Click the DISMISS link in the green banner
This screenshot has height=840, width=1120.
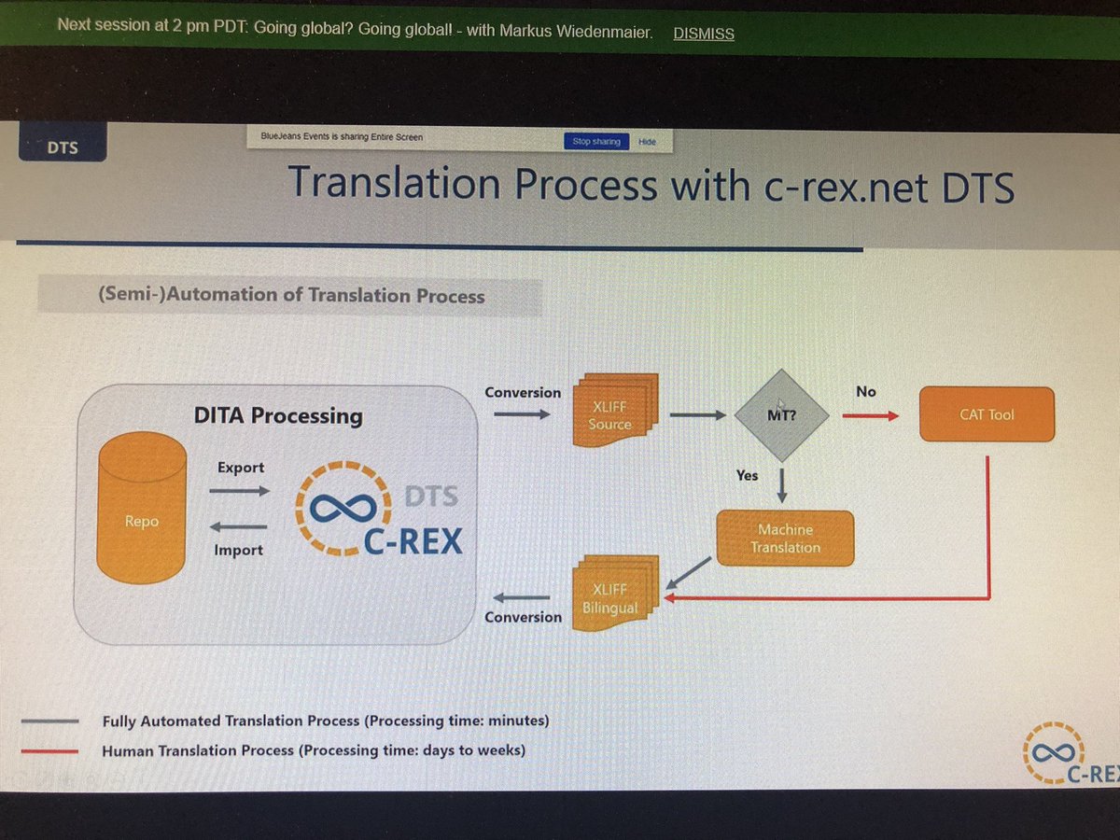point(703,34)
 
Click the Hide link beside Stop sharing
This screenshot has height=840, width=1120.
point(647,142)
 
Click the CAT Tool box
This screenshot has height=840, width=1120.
point(987,414)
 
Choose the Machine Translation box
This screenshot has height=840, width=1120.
point(785,539)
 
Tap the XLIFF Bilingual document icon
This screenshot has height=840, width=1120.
point(613,595)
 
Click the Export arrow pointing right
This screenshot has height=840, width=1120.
point(240,490)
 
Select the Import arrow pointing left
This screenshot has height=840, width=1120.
point(239,526)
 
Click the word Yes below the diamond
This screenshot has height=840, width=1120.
point(747,475)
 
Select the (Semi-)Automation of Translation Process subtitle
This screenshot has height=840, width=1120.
point(291,296)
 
